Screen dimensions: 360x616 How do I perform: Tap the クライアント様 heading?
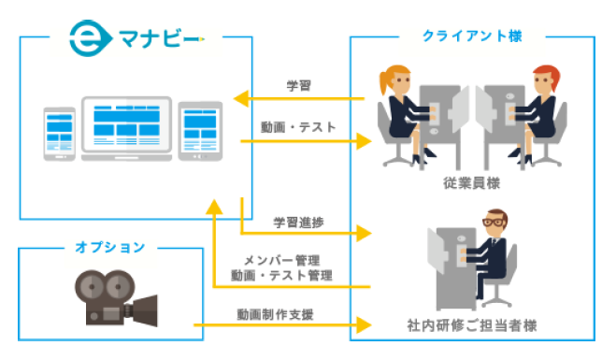tap(472, 36)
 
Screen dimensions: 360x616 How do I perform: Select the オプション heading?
tap(110, 248)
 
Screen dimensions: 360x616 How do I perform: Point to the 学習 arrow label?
tap(298, 85)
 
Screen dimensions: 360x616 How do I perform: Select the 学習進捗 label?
tap(298, 222)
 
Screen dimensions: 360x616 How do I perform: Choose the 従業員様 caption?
tap(472, 184)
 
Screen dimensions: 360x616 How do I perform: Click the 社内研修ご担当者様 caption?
tap(472, 326)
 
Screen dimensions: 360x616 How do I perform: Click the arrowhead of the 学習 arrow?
tap(239, 97)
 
